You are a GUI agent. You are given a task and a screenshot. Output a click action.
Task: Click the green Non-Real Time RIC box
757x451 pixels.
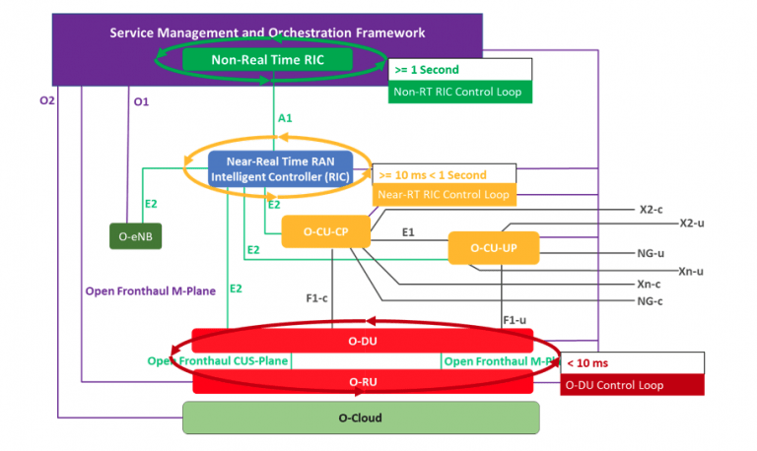267,60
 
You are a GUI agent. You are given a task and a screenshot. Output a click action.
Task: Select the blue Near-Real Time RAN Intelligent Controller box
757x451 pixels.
272,168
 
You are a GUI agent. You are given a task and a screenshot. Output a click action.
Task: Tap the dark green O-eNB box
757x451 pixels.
134,236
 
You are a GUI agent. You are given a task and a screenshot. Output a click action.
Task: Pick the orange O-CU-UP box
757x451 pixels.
494,247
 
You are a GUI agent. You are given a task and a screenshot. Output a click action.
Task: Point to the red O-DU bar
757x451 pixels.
362,341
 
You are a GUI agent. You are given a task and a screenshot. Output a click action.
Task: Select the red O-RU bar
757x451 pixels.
362,381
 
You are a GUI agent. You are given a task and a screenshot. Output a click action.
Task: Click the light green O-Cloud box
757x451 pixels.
361,418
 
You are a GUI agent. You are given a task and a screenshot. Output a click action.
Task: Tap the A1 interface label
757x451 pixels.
285,118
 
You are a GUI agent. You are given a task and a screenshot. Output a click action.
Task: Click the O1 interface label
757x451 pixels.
141,100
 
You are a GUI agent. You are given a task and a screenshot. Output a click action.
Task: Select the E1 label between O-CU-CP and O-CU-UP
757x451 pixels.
407,233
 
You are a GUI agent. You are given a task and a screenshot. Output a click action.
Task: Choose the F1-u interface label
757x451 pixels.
514,320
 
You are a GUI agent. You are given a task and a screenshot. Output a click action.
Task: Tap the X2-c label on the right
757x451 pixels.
652,209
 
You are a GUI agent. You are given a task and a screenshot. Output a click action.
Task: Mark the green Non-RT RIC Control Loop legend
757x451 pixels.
460,94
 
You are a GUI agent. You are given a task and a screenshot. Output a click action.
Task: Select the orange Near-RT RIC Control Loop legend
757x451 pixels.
444,195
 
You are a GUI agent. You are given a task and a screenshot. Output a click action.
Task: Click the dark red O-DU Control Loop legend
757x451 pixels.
632,385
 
